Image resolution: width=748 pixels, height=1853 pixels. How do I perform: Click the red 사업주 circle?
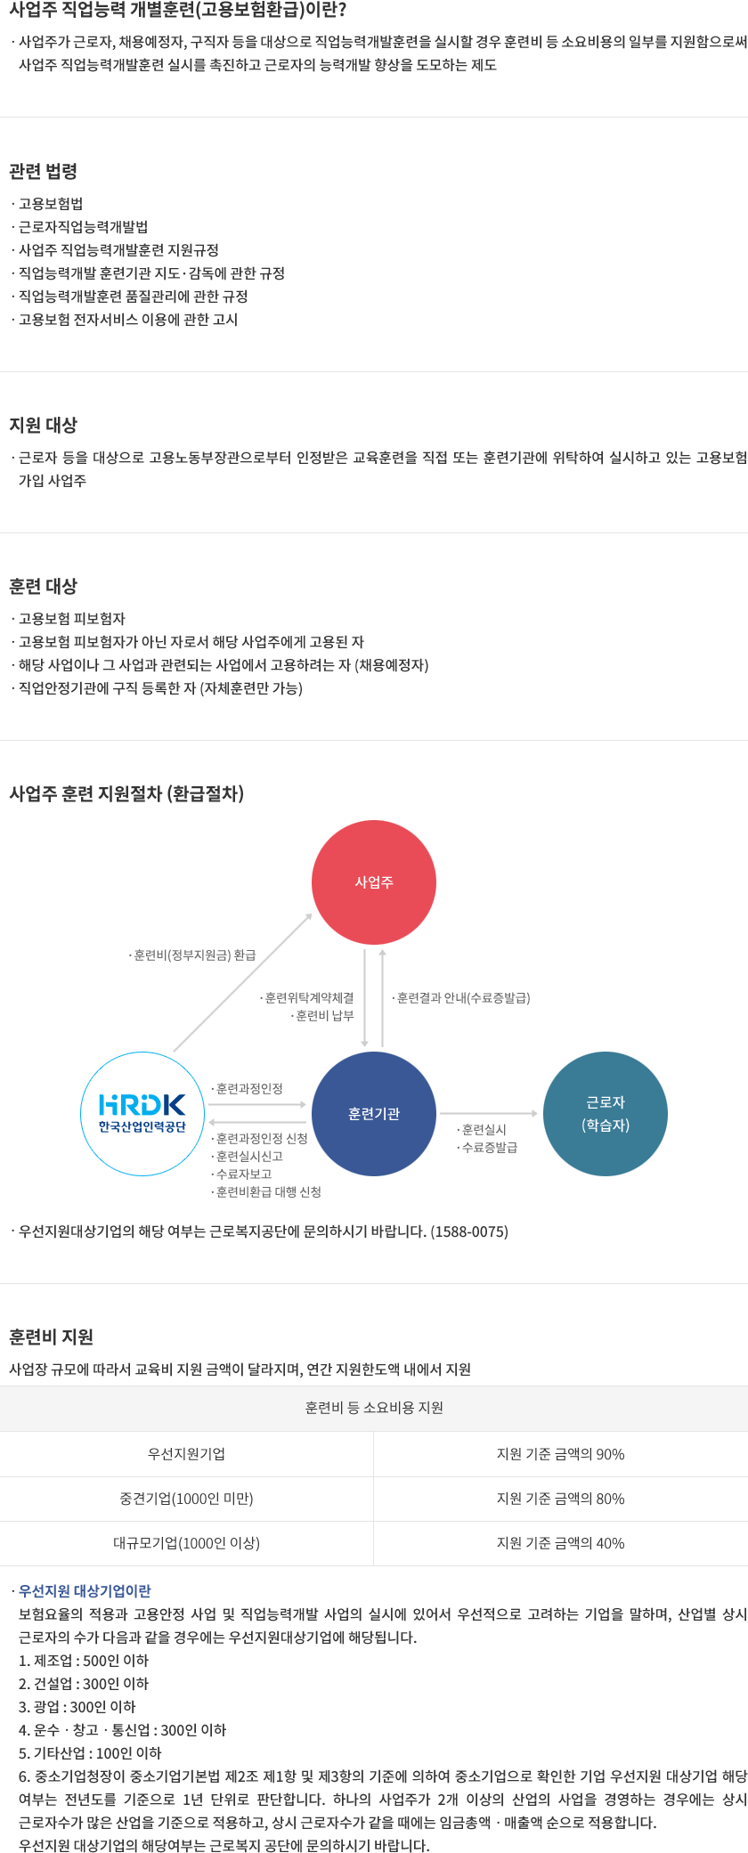click(x=374, y=882)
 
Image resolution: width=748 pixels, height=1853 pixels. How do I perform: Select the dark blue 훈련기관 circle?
click(x=374, y=1114)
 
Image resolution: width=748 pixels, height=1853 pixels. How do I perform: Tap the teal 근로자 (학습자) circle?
click(x=606, y=1114)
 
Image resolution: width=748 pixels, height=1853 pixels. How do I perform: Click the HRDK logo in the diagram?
click(x=142, y=1114)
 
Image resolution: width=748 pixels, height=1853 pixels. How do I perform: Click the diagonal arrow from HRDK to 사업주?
click(x=242, y=983)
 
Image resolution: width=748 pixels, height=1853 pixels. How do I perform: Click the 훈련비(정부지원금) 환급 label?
click(x=194, y=955)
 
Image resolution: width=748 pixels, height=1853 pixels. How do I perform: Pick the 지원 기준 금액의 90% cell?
click(x=560, y=1454)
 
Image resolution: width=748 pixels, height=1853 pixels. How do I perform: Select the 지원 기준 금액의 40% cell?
click(x=560, y=1543)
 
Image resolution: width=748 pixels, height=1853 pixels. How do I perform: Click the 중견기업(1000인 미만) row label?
click(x=186, y=1499)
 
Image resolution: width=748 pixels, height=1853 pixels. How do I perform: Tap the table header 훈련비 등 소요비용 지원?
click(x=374, y=1408)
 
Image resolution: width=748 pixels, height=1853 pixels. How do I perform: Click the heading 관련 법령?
click(x=44, y=171)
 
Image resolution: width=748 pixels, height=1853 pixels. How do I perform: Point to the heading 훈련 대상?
click(x=44, y=586)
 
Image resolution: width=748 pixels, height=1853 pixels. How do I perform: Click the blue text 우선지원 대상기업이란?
click(x=85, y=1590)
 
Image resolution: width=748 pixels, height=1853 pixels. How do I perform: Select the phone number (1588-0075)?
click(x=469, y=1231)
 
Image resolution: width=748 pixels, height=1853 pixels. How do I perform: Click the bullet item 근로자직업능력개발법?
click(x=83, y=227)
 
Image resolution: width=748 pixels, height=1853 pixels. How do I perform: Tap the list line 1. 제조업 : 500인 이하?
click(x=84, y=1660)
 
